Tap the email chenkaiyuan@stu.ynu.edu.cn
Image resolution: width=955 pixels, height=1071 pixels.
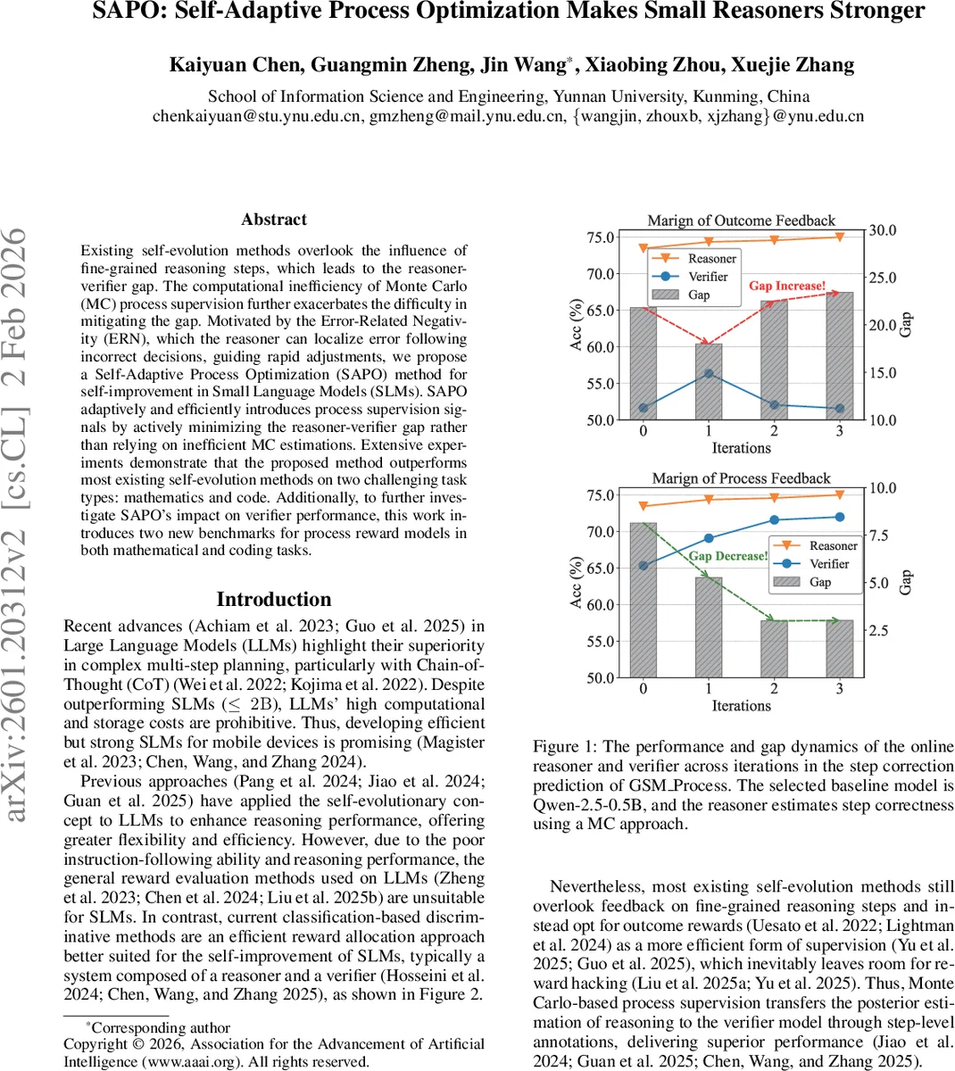click(x=258, y=116)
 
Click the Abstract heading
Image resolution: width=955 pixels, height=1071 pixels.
click(x=274, y=220)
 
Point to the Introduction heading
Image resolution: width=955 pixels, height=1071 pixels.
click(x=274, y=600)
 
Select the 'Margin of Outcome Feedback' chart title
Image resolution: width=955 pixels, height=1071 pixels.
click(x=741, y=220)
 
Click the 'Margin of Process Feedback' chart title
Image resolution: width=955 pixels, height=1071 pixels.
click(x=741, y=478)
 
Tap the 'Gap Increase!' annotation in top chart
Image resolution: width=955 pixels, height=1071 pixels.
click(x=787, y=286)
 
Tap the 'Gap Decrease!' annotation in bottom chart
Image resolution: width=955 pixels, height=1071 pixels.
click(x=727, y=556)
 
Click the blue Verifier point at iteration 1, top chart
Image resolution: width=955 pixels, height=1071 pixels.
click(x=709, y=373)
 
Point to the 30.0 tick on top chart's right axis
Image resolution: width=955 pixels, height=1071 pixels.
click(x=883, y=230)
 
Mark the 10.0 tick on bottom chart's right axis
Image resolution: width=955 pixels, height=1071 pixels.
click(x=883, y=488)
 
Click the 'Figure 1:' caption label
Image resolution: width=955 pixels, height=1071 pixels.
click(x=565, y=747)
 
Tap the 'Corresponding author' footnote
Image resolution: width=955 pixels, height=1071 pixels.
click(x=161, y=1027)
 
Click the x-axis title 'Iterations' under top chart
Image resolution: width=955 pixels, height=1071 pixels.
click(x=741, y=448)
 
